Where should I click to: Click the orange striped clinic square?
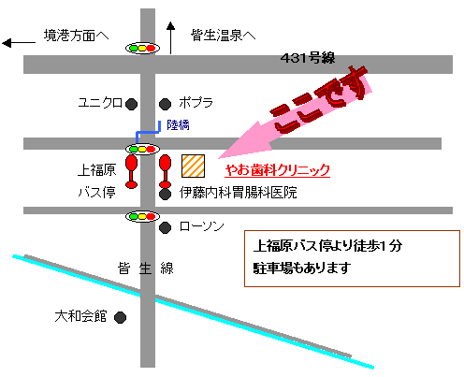193,166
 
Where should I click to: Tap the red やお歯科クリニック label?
277,170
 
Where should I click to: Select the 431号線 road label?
308,58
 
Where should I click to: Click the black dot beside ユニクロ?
131,104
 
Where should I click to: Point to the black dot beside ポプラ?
165,104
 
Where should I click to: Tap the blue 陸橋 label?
178,125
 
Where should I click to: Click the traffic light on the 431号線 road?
142,49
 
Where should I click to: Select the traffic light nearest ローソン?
142,216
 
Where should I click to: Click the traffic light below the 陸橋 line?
142,149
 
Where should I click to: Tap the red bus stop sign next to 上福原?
131,172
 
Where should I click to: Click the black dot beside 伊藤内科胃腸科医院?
165,194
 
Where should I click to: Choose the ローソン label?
202,226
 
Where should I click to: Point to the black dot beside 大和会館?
120,318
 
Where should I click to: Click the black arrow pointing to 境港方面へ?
19,43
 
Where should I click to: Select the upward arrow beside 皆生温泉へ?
170,37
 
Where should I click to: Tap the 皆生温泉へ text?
223,36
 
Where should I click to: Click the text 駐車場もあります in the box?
302,268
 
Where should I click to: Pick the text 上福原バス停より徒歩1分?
327,246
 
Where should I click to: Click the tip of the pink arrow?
218,158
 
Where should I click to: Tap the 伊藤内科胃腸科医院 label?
239,193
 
